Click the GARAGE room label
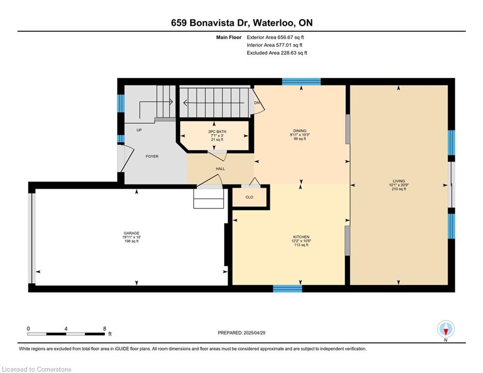click(x=132, y=233)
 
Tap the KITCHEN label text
click(x=301, y=237)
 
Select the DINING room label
click(x=300, y=131)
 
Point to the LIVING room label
click(x=399, y=181)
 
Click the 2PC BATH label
click(x=217, y=132)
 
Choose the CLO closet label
click(x=249, y=197)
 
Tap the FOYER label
click(x=152, y=156)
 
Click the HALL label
click(x=220, y=169)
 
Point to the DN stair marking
click(x=257, y=102)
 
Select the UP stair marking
click(x=139, y=130)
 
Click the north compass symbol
click(x=446, y=329)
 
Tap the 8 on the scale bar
click(x=105, y=328)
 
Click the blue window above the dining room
click(x=301, y=82)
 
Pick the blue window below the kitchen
click(x=287, y=288)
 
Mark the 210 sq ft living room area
click(x=399, y=189)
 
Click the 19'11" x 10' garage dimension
click(x=132, y=237)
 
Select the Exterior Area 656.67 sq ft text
click(x=275, y=37)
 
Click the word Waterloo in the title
click(x=273, y=23)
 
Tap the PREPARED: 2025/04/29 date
click(x=242, y=333)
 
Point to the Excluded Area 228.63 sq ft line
click(x=277, y=53)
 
